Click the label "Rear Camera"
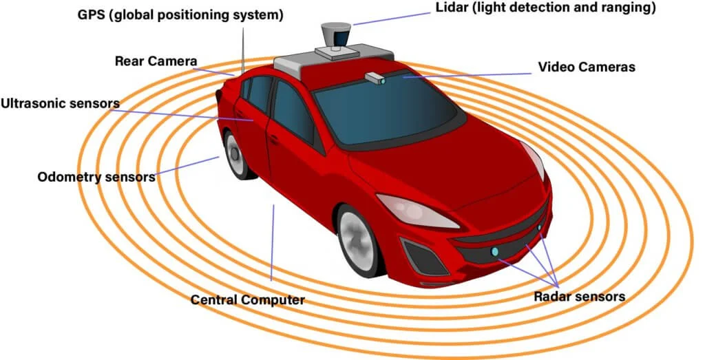pyautogui.click(x=156, y=61)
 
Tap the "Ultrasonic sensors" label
pyautogui.click(x=61, y=103)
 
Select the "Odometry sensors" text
pyautogui.click(x=96, y=177)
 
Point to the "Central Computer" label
pyautogui.click(x=248, y=300)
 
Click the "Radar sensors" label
pyautogui.click(x=580, y=297)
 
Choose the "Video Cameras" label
pyautogui.click(x=587, y=67)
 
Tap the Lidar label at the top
pyautogui.click(x=546, y=8)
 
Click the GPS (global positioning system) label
pyautogui.click(x=180, y=15)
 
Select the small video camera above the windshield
pyautogui.click(x=375, y=78)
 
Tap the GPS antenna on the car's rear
pyautogui.click(x=243, y=51)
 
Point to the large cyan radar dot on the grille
pyautogui.click(x=495, y=252)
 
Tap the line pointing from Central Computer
pyautogui.click(x=273, y=242)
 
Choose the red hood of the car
pyautogui.click(x=450, y=167)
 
